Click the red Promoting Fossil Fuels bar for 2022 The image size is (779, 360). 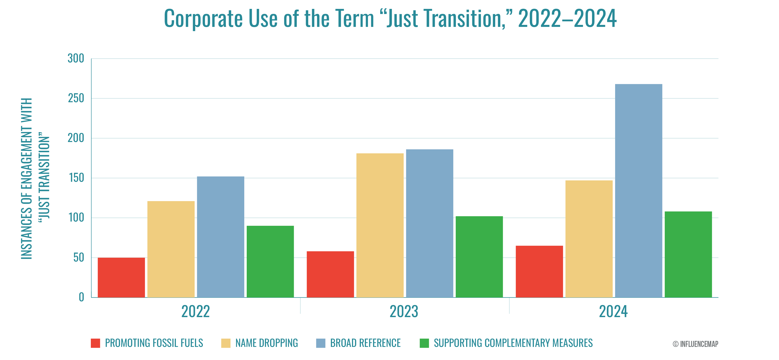click(x=121, y=277)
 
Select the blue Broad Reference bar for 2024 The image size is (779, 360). click(x=638, y=191)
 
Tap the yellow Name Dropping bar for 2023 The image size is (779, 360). click(x=380, y=225)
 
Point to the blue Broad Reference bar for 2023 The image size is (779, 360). click(x=429, y=223)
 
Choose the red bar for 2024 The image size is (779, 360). click(x=539, y=271)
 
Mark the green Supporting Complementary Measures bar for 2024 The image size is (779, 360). click(x=688, y=254)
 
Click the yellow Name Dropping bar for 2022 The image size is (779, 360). click(x=171, y=249)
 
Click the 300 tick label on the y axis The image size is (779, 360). click(x=76, y=58)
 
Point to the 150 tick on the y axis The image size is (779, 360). click(x=76, y=178)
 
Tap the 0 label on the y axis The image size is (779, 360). click(x=81, y=297)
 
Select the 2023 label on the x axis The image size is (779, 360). click(x=404, y=312)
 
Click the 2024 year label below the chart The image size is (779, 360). click(x=613, y=312)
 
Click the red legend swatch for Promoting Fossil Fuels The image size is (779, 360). click(x=95, y=343)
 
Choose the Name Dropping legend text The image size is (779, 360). click(x=266, y=343)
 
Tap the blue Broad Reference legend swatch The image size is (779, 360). click(x=321, y=343)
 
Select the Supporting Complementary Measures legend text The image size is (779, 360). click(x=513, y=343)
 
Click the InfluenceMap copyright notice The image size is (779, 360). click(x=695, y=344)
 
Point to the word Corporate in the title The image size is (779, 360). click(x=203, y=19)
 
